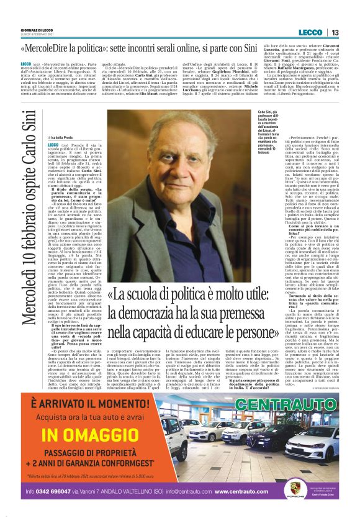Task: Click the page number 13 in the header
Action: pyautogui.click(x=335, y=32)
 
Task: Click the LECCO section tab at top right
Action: pyautogui.click(x=310, y=32)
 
